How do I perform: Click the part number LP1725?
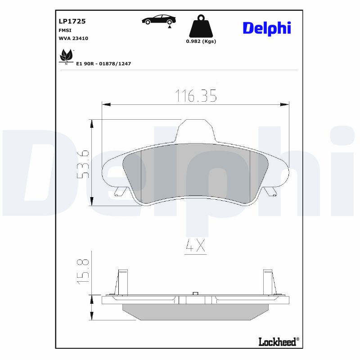click(x=72, y=21)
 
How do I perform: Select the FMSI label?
click(x=65, y=30)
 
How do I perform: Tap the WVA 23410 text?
click(x=73, y=39)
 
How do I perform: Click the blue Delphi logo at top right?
click(x=267, y=28)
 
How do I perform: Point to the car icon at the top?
click(x=159, y=20)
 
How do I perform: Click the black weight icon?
click(x=201, y=27)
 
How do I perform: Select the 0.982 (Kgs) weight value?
click(x=201, y=41)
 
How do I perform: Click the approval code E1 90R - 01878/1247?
click(x=103, y=64)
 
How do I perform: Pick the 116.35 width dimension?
click(x=196, y=95)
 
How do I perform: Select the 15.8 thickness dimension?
click(x=83, y=271)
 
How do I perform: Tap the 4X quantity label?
click(x=195, y=246)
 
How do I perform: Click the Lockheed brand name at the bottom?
click(x=278, y=342)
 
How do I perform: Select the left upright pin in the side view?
click(x=122, y=281)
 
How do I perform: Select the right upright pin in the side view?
click(x=268, y=281)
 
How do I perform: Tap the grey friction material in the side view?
click(x=195, y=312)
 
